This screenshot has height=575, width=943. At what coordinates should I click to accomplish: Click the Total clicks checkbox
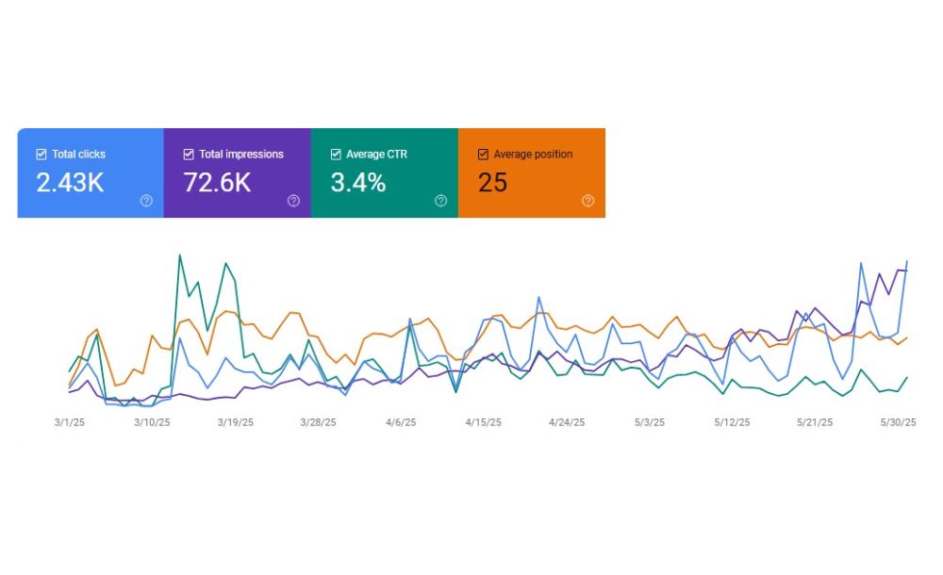tap(41, 154)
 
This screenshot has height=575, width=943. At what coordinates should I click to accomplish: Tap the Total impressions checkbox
tap(189, 154)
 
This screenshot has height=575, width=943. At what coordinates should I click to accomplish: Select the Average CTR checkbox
tap(336, 154)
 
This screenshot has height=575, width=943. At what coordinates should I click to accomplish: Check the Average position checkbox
tap(484, 154)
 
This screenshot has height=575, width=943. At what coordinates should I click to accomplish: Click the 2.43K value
tap(70, 183)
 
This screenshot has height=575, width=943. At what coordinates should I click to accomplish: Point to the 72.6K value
tap(217, 183)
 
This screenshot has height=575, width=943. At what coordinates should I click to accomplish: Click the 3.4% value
tap(357, 183)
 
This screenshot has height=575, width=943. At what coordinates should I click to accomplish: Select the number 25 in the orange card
tap(493, 183)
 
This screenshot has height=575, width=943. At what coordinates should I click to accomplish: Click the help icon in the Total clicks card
tap(146, 200)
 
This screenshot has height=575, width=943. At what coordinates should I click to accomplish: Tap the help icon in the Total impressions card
tap(293, 200)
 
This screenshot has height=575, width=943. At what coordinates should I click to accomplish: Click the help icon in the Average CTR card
tap(440, 200)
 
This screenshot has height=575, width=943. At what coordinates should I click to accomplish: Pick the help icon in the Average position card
tap(587, 200)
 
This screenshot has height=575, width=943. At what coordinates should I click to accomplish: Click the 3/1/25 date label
tap(69, 422)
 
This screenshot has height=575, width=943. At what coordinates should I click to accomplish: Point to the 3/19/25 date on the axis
tap(235, 422)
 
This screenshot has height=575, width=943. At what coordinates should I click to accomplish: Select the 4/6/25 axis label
tap(401, 422)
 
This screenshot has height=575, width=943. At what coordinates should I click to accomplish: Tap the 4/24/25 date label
tap(567, 422)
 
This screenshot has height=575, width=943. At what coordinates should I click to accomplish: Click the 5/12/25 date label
tap(733, 422)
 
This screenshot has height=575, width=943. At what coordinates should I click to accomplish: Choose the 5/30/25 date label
tap(898, 422)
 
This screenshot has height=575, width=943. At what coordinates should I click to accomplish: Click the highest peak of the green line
tap(179, 255)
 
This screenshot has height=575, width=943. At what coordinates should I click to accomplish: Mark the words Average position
tap(533, 154)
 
